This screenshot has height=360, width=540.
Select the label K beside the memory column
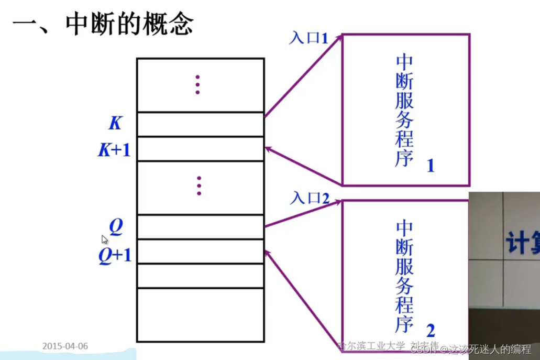[x=115, y=124]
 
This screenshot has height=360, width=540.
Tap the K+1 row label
[x=114, y=150]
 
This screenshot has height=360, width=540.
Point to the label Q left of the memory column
[x=116, y=227]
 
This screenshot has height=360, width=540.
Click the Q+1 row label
[x=115, y=256]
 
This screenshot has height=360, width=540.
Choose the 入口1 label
[x=308, y=38]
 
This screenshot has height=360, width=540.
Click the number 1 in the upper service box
[x=431, y=167]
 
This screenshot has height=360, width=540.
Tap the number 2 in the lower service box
[x=431, y=331]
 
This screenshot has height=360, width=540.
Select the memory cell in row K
[x=200, y=124]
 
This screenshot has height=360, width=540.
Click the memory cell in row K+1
[x=200, y=149]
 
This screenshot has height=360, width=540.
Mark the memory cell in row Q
[x=200, y=227]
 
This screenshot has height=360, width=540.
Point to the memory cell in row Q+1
[x=200, y=251]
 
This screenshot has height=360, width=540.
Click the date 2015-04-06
[x=65, y=346]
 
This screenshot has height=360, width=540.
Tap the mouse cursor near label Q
[x=105, y=239]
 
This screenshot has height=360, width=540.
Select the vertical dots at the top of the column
[x=197, y=84]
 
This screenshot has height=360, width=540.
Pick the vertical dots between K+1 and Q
[x=199, y=186]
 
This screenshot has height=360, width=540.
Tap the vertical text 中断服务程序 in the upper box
[x=404, y=110]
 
